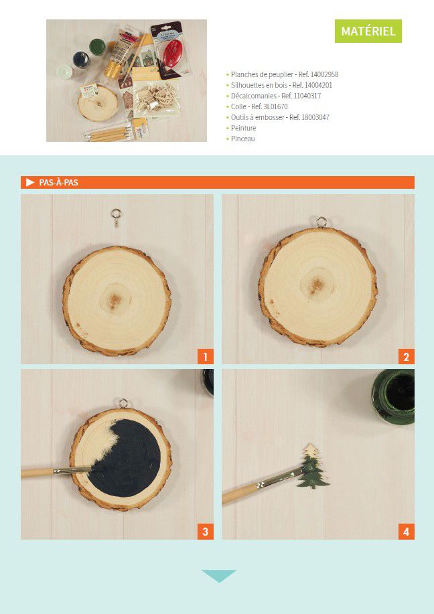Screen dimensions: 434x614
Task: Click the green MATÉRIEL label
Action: point(368,31)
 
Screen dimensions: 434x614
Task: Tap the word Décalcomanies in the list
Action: point(253,96)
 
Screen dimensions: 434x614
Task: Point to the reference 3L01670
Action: point(275,106)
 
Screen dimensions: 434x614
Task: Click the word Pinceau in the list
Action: point(243,139)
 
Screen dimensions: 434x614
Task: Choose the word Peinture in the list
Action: point(243,128)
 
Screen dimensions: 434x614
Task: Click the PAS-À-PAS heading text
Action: point(59,183)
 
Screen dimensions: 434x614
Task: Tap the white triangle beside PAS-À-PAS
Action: point(30,183)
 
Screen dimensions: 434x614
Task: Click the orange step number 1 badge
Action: point(205,357)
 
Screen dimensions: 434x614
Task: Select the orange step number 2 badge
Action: point(406,357)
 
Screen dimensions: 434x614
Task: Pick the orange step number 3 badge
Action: point(205,532)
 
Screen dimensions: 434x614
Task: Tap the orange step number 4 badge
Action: point(406,532)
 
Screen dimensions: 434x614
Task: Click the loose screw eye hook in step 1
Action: point(116,218)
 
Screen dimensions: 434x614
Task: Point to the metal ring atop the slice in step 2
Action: point(321,222)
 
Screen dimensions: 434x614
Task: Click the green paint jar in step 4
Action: point(393,396)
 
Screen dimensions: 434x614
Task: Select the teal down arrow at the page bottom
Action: point(218,576)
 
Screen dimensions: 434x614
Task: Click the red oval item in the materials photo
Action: point(173,54)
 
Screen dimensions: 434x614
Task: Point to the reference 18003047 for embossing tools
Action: point(315,117)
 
